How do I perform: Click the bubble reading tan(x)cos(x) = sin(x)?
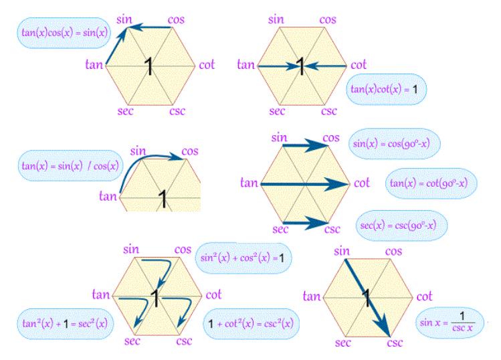click(x=56, y=34)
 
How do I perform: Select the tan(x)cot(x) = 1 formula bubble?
click(x=387, y=88)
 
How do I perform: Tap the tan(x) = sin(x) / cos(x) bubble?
click(x=70, y=165)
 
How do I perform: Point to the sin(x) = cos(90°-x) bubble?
click(x=395, y=143)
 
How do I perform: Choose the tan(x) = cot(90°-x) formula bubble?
click(x=431, y=182)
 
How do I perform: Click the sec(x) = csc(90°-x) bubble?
click(x=399, y=221)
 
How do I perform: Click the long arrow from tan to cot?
click(x=305, y=182)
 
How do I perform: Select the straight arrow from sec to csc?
click(x=304, y=221)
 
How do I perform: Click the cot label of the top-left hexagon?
click(x=207, y=65)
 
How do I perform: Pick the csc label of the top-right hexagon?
click(x=328, y=110)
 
